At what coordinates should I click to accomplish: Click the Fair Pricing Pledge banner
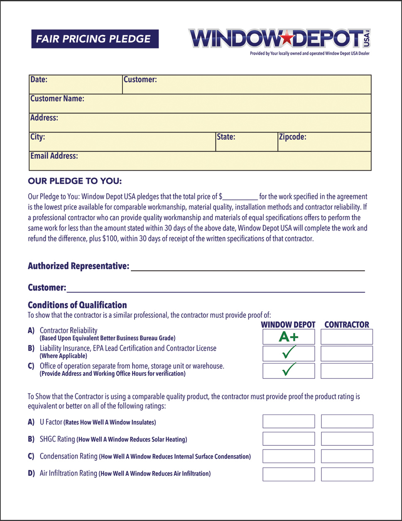[95, 39]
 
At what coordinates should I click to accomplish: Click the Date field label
[39, 79]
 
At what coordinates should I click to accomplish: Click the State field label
[226, 137]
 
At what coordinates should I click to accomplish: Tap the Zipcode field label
[292, 137]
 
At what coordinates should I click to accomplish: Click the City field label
[38, 137]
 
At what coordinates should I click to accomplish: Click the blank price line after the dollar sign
[240, 197]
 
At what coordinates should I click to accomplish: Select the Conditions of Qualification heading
[77, 305]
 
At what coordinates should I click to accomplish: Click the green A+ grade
[289, 337]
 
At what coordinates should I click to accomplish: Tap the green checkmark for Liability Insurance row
[289, 354]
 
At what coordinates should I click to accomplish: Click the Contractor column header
[347, 325]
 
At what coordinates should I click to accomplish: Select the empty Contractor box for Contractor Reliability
[347, 337]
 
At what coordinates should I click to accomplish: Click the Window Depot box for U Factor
[289, 421]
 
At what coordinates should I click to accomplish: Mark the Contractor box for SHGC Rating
[347, 439]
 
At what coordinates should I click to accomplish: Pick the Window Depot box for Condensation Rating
[289, 456]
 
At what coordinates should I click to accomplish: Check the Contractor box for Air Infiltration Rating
[347, 474]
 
